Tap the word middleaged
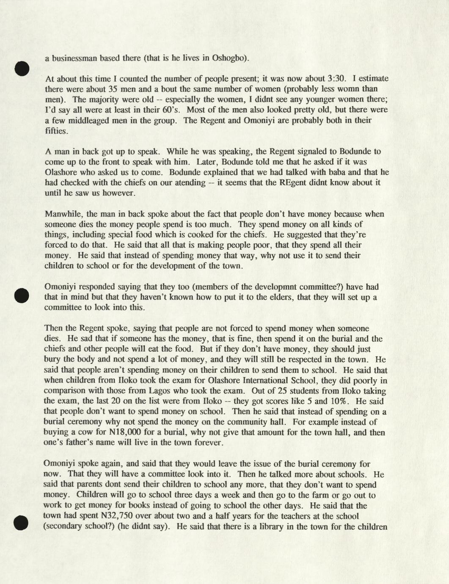[76, 120]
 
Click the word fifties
[56, 131]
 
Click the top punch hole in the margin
[22, 69]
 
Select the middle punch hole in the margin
[21, 295]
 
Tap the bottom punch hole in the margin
[21, 523]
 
